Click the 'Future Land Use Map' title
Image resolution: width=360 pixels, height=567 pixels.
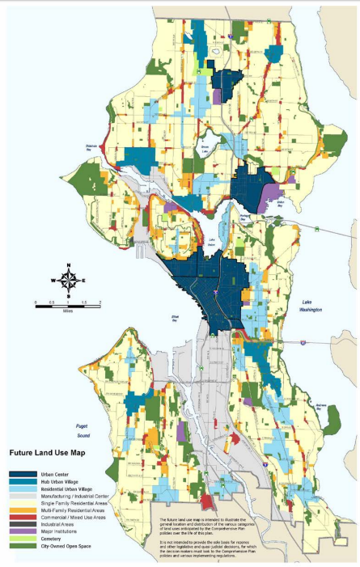(x=49, y=454)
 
